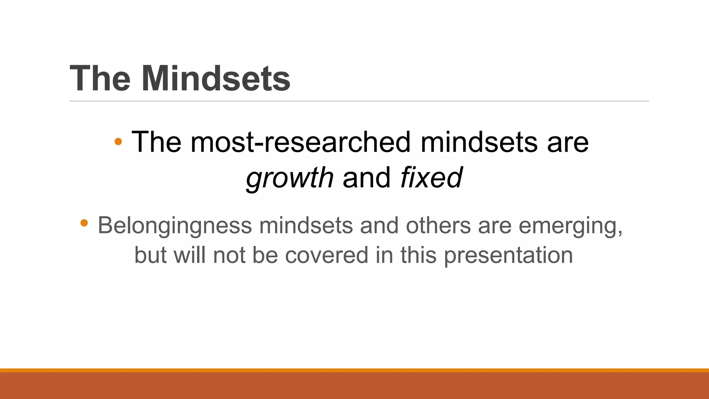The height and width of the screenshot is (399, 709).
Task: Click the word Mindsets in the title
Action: click(216, 79)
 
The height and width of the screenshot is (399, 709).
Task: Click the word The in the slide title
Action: click(100, 79)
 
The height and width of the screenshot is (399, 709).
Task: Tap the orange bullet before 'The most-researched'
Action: click(118, 141)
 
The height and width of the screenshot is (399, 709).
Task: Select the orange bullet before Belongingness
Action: click(84, 223)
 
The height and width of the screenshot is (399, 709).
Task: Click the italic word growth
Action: click(289, 178)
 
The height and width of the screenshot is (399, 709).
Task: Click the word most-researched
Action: click(300, 142)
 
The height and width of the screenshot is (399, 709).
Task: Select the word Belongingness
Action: click(175, 226)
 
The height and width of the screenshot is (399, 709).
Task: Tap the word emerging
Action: click(570, 226)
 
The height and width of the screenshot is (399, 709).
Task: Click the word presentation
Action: click(508, 256)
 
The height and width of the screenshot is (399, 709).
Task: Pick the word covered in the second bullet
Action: click(326, 255)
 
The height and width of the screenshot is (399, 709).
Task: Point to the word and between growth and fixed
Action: click(366, 178)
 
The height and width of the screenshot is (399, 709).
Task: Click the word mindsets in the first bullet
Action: click(479, 142)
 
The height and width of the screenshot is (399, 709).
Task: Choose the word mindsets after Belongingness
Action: click(306, 225)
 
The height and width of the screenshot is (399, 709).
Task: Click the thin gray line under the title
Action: click(359, 101)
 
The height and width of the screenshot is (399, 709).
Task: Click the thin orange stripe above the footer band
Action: click(354, 370)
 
